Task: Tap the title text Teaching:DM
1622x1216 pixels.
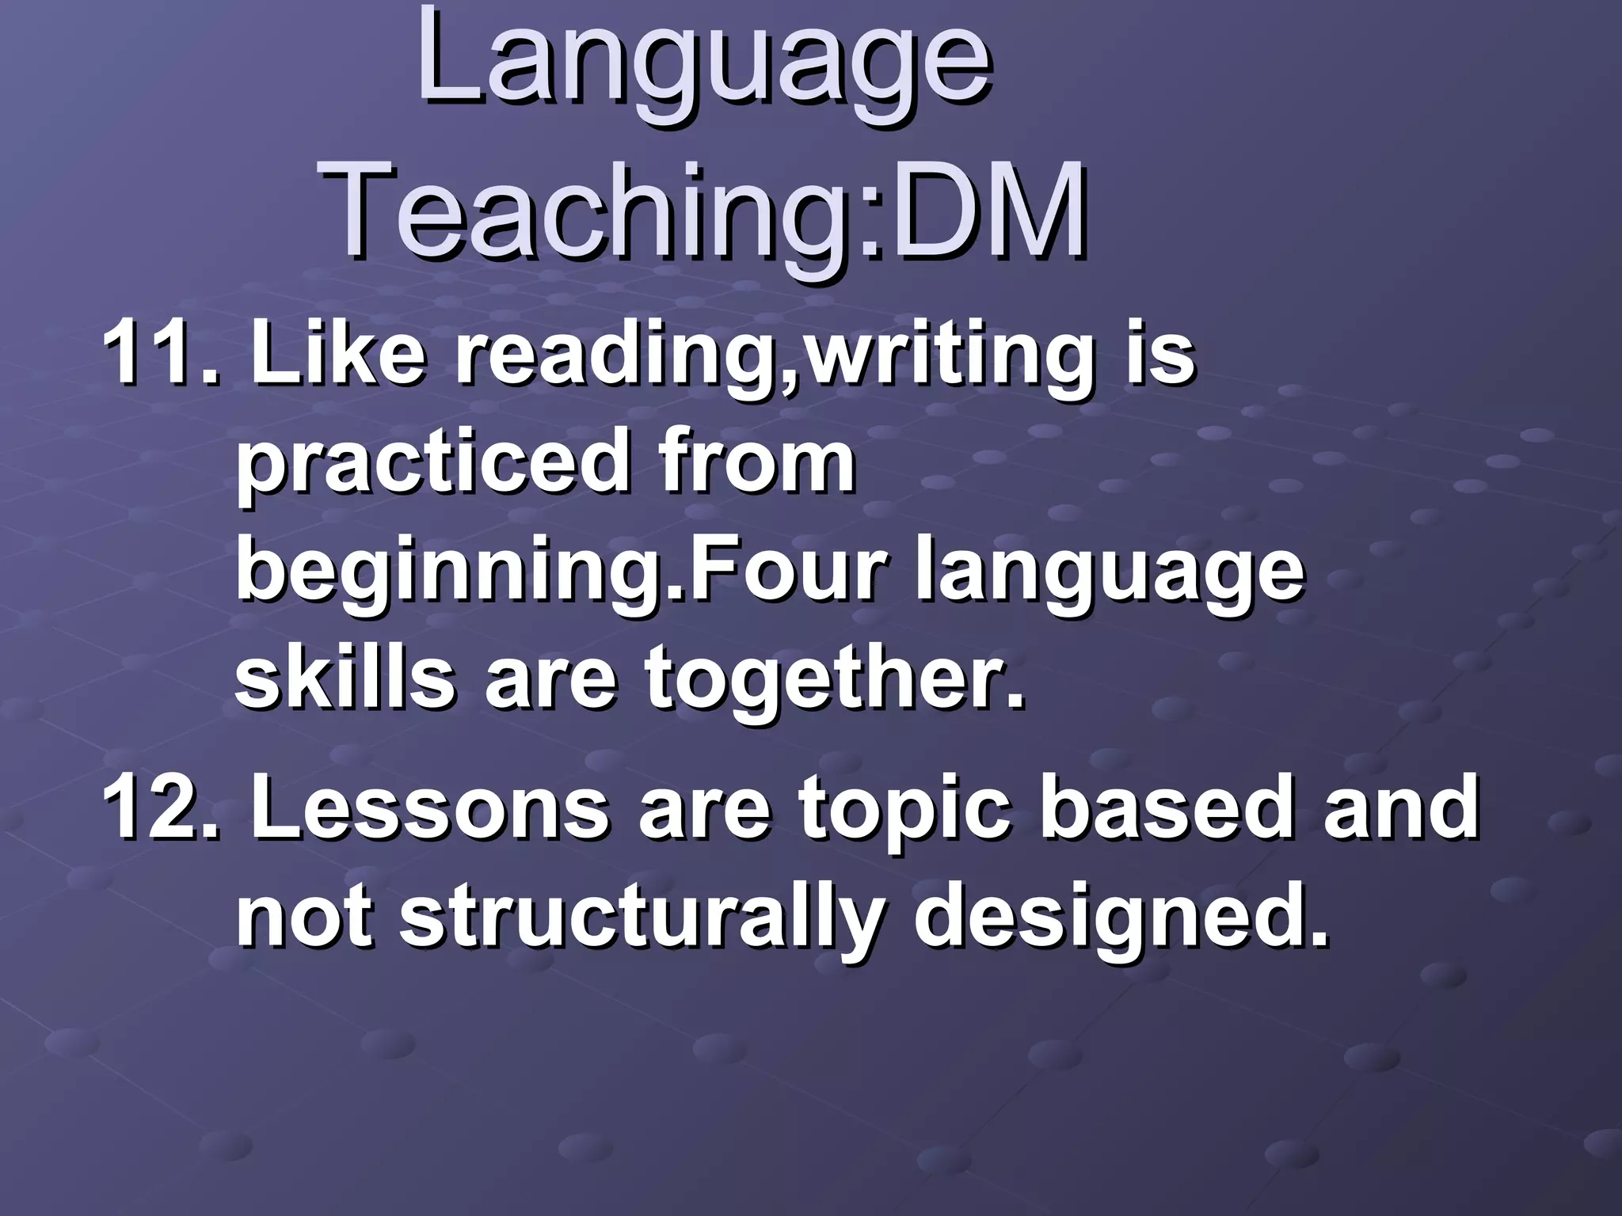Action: tap(705, 211)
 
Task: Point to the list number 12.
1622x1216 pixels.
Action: tap(158, 807)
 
